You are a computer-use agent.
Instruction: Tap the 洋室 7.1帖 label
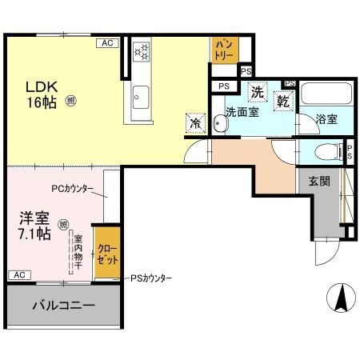[34, 226]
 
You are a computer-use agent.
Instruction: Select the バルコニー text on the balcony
[63, 305]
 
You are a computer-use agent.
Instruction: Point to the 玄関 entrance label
[320, 182]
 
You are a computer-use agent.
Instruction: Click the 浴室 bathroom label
[326, 119]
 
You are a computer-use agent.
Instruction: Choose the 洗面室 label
[241, 113]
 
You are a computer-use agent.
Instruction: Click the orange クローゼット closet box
[107, 252]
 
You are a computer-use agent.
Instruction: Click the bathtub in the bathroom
[327, 95]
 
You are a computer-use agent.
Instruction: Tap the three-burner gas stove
[142, 51]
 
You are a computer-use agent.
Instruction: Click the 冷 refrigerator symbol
[195, 123]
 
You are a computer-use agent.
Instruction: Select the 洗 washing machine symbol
[258, 93]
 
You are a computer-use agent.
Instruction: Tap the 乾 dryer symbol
[282, 100]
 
